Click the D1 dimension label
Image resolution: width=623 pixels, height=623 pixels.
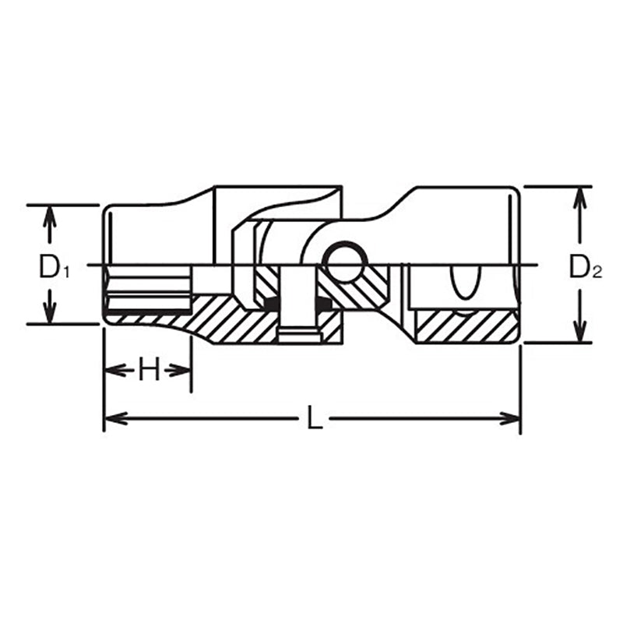pos(54,266)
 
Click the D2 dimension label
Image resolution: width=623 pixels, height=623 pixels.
pos(586,266)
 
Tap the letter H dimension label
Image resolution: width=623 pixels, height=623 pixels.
pos(149,369)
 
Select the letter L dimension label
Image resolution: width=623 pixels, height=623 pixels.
pos(315,418)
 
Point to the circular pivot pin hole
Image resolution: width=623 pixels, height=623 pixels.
pos(345,261)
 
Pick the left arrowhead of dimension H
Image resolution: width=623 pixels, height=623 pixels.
pos(113,371)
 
